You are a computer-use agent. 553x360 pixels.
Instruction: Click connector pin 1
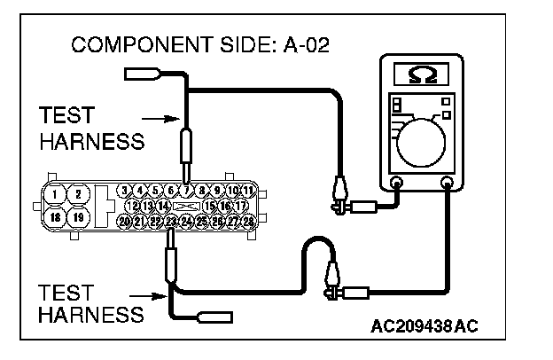(56, 193)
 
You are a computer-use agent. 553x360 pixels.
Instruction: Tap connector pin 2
(78, 193)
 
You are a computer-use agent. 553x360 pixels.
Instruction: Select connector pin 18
(56, 216)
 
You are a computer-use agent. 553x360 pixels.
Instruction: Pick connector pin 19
(78, 216)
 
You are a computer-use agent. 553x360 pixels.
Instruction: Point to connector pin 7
(187, 190)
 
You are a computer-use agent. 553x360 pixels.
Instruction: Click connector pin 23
(171, 221)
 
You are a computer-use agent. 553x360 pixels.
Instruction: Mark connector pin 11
(249, 190)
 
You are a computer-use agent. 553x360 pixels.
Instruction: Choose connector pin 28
(249, 221)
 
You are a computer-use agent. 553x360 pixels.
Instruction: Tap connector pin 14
(164, 205)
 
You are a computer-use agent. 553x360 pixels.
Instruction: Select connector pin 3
(125, 190)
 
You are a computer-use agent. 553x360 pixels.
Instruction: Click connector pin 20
(124, 221)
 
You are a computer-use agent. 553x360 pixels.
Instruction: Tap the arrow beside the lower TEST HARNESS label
(149, 295)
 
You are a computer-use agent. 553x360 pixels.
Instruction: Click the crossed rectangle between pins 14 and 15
(187, 205)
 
